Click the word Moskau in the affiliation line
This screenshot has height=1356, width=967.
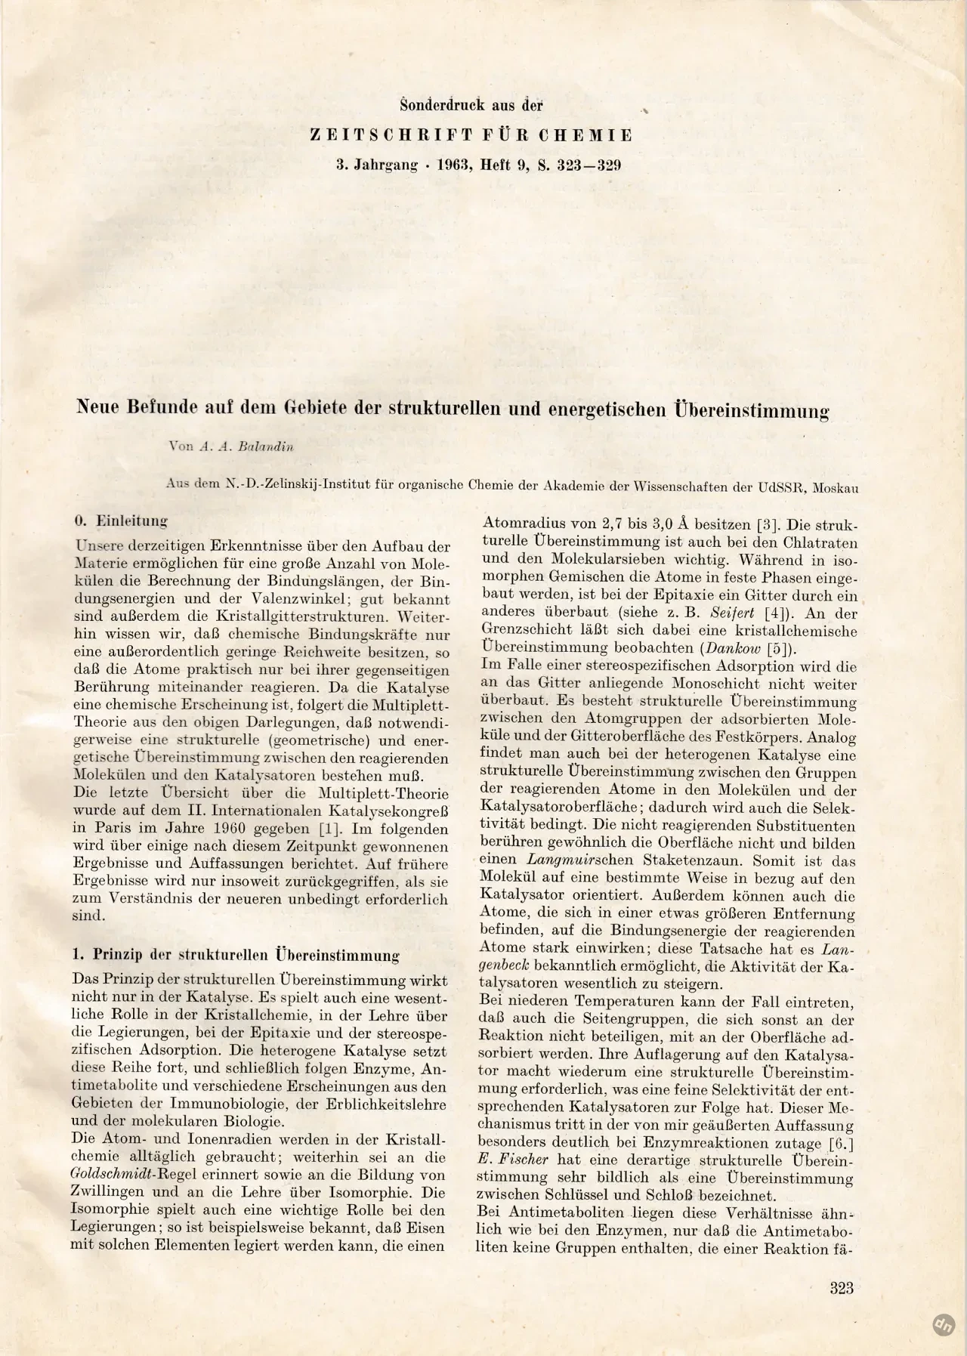(836, 488)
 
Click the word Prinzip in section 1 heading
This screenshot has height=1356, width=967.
(123, 955)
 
